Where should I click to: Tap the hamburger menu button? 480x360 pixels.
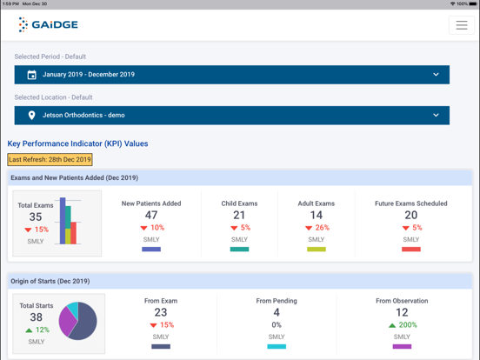click(x=461, y=25)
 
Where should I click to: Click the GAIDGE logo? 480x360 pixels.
click(x=48, y=25)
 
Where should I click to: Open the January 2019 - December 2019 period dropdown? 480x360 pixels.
click(x=231, y=75)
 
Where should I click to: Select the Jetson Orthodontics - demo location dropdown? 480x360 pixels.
click(x=231, y=115)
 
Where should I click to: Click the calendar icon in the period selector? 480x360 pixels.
click(x=31, y=75)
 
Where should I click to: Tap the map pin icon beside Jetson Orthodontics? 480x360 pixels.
click(x=31, y=115)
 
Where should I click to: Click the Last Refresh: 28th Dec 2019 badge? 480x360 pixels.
click(x=50, y=160)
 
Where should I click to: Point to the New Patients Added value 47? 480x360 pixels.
click(x=151, y=215)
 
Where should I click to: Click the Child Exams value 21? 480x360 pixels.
click(x=239, y=215)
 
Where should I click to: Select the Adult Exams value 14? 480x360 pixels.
click(x=316, y=215)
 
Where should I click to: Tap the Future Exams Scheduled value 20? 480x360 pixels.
click(x=411, y=215)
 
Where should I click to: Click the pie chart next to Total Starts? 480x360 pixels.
click(x=78, y=322)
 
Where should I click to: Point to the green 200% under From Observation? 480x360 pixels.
click(x=402, y=325)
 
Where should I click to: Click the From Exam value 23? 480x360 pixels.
click(x=161, y=313)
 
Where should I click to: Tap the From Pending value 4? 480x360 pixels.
click(x=277, y=313)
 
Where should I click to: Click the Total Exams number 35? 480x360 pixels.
click(x=36, y=217)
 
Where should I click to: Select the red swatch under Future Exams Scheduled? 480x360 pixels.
click(x=411, y=250)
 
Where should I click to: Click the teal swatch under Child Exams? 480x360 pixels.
click(x=239, y=250)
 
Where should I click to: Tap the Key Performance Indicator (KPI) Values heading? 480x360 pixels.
click(x=78, y=143)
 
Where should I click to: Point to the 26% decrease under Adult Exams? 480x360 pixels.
click(x=317, y=228)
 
